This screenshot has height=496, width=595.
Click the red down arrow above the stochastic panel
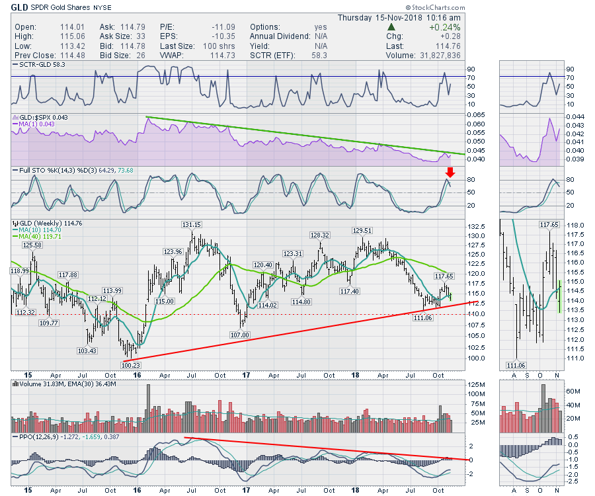tap(450, 173)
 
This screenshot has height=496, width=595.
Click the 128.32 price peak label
tap(321, 235)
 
